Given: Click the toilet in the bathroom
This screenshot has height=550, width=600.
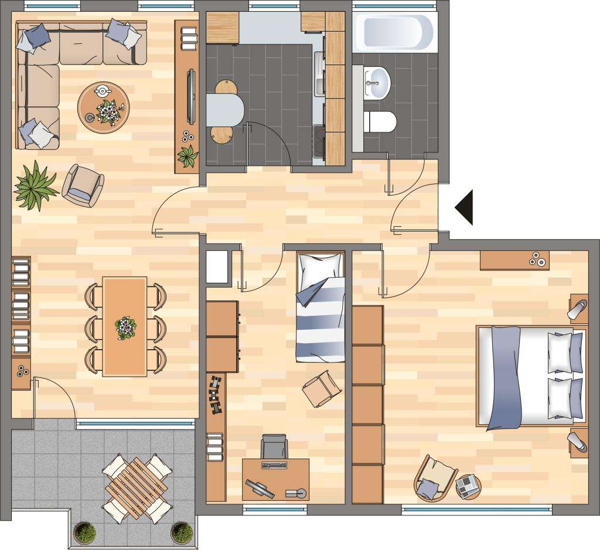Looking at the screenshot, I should pos(381,122).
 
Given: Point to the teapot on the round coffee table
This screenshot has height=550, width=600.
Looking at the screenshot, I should pos(103,91).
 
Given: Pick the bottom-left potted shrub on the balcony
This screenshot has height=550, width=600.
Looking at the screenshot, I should pos(85,532).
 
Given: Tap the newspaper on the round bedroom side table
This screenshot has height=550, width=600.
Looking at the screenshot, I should pos(468,485).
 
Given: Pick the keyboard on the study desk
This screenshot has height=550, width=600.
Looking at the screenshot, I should pos(274,465).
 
